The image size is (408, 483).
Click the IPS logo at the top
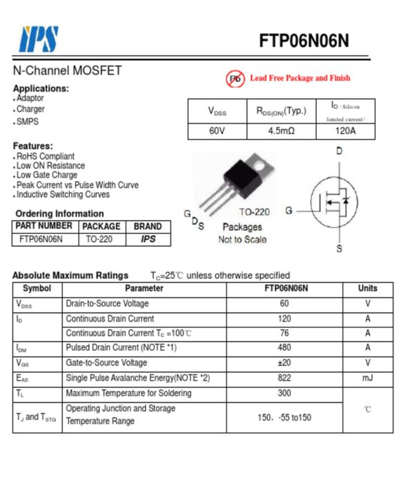click(x=39, y=39)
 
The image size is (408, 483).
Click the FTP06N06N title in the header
click(x=304, y=41)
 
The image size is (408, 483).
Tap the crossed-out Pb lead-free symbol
click(x=235, y=79)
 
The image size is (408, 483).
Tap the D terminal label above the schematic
click(x=339, y=150)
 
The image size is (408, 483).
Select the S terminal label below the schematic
click(x=339, y=249)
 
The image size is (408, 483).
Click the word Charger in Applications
click(x=30, y=109)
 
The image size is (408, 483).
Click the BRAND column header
click(x=148, y=226)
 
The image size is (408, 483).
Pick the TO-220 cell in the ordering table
click(x=101, y=239)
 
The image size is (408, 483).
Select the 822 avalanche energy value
click(x=284, y=378)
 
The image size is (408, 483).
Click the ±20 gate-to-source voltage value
click(x=284, y=363)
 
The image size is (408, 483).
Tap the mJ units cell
click(x=367, y=378)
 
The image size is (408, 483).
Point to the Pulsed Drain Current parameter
click(x=122, y=348)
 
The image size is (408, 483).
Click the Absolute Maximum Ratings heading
click(x=70, y=275)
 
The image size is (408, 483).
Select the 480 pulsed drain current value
click(x=284, y=348)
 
